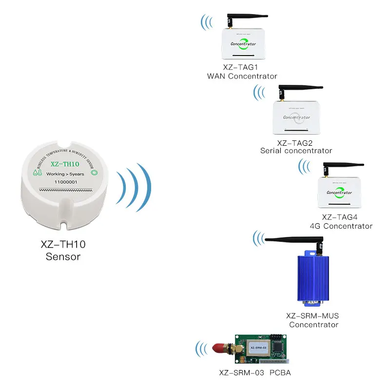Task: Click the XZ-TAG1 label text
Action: coord(242,67)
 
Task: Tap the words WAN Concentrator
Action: coord(242,76)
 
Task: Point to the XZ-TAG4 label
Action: coord(341,217)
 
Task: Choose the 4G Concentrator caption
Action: coord(341,226)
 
